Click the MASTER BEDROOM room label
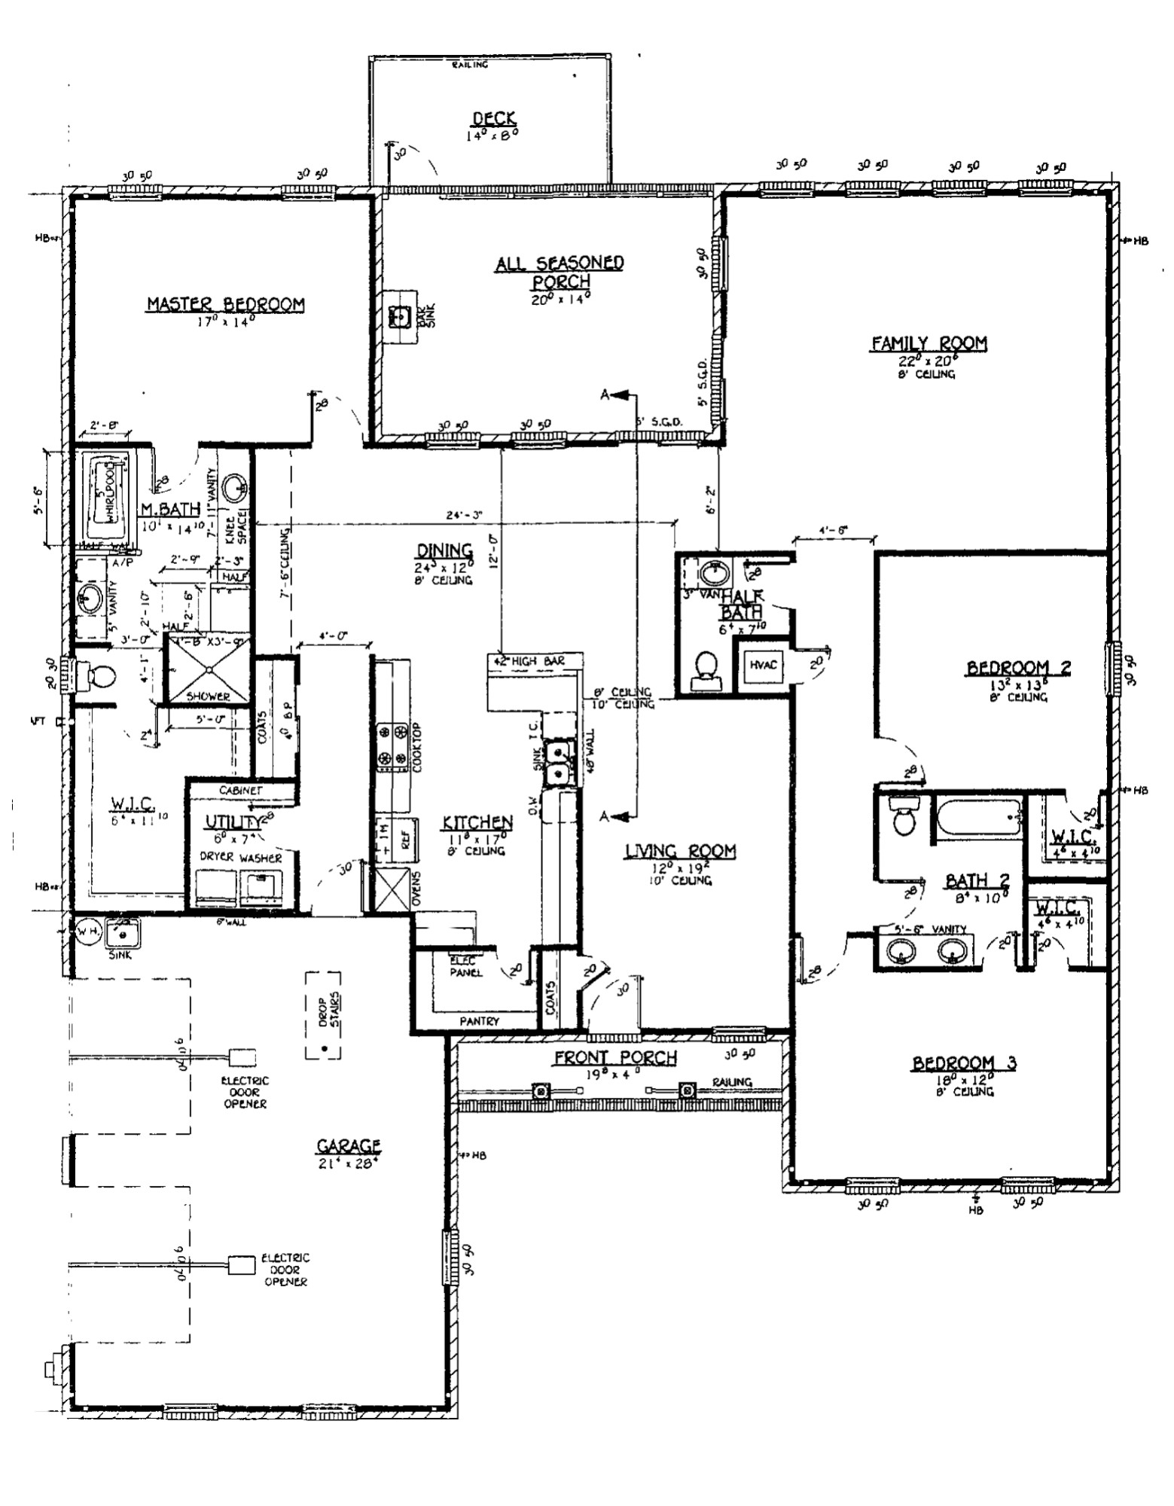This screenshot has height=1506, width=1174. point(225,304)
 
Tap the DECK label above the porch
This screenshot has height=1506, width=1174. point(493,118)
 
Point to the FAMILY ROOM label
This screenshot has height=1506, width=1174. point(929,343)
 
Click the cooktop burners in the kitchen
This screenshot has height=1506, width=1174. point(392,745)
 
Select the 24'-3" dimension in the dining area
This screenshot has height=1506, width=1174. point(465,516)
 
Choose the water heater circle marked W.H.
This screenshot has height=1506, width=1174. point(84,931)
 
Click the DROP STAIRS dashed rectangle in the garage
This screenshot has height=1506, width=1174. point(322,1014)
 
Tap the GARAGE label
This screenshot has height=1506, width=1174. point(349,1146)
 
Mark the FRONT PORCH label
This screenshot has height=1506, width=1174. point(615,1057)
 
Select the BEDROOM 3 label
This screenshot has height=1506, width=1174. point(964,1062)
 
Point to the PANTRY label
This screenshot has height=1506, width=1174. point(479,1021)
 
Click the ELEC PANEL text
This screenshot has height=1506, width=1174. point(462,966)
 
